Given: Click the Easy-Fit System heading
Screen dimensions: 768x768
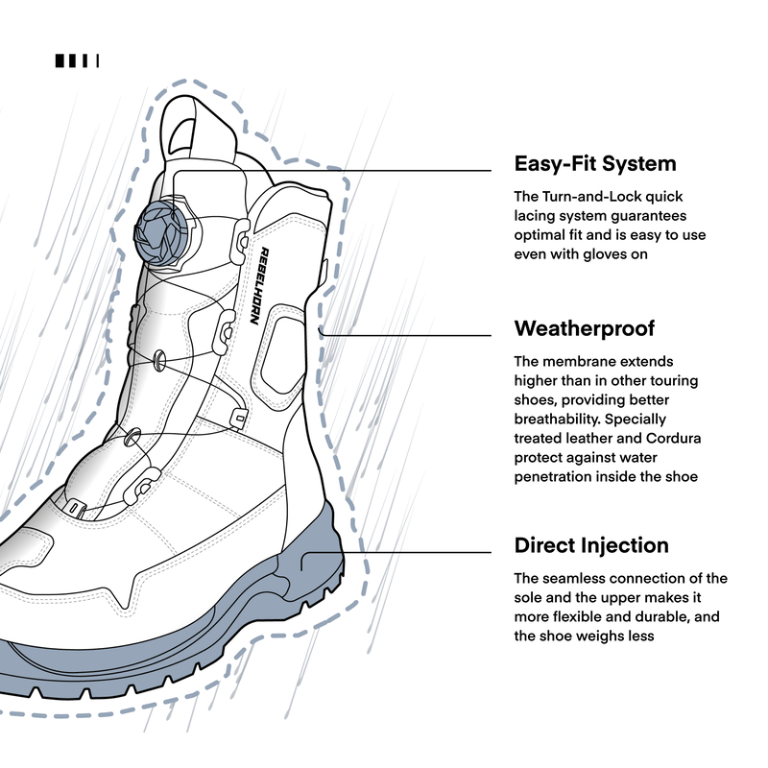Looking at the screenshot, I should pos(595,163).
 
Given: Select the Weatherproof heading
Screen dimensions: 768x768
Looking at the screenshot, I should pos(584,329).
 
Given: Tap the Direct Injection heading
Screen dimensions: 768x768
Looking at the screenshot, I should pos(591,545).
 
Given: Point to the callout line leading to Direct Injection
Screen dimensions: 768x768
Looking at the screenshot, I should pos(422,552).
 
